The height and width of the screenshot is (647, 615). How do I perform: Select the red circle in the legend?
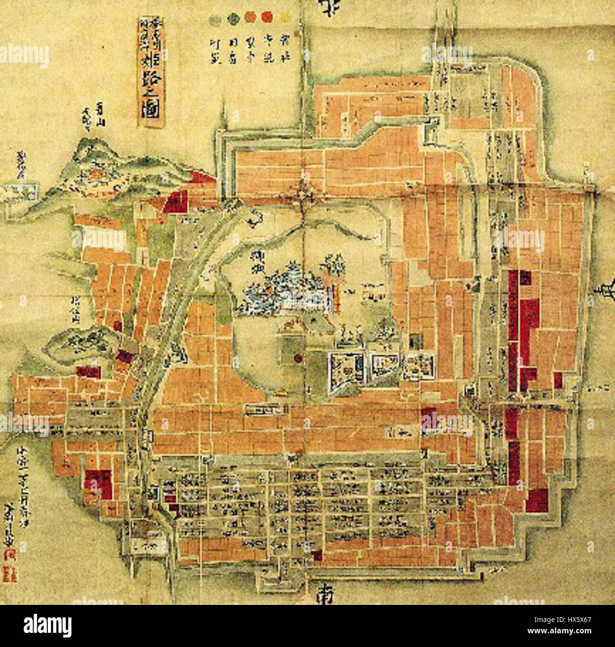267,17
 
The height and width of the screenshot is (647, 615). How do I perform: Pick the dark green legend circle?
233,18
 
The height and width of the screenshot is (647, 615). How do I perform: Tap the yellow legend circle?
284,17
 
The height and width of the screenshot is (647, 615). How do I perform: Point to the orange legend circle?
250,18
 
